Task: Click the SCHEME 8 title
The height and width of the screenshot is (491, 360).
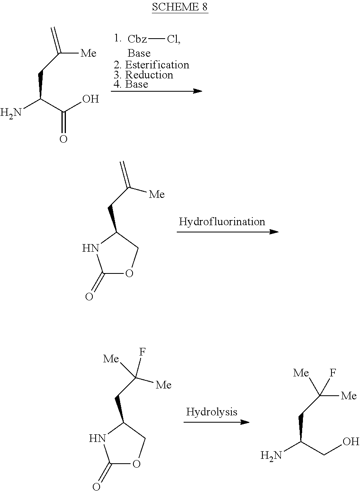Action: [x=180, y=7]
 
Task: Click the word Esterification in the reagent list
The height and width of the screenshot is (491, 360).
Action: [x=157, y=65]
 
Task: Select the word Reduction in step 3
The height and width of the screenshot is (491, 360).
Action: [x=149, y=75]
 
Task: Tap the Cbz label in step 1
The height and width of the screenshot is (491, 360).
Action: [x=137, y=39]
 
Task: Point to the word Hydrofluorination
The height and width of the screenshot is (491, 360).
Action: [x=222, y=222]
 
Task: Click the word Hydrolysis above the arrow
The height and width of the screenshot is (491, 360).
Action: [x=212, y=412]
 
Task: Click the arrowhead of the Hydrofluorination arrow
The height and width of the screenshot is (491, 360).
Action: [x=274, y=232]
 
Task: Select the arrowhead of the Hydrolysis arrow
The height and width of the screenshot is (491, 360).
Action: [x=245, y=422]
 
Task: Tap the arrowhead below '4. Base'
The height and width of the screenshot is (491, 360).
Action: [x=198, y=91]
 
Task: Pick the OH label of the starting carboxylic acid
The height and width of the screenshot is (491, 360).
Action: [x=91, y=99]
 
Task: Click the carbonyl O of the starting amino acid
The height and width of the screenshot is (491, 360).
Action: [x=63, y=139]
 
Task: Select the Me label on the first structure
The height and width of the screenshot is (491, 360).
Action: [x=88, y=53]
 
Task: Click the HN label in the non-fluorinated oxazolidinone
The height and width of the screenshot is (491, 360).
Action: [x=90, y=249]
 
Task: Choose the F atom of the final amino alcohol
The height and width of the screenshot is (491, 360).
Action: [x=333, y=373]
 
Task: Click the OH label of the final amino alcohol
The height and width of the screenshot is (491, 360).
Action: [x=351, y=442]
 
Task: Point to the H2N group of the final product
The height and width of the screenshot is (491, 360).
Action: [x=271, y=456]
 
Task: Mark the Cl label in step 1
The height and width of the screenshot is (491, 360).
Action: [x=174, y=39]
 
